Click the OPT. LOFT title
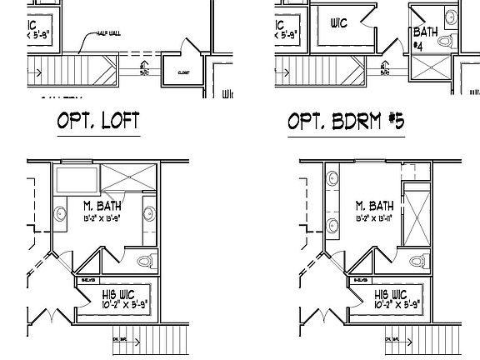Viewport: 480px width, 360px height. (97, 122)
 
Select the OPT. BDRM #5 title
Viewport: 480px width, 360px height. (345, 122)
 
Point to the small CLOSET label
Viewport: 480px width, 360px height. (183, 73)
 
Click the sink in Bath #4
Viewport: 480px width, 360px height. (450, 16)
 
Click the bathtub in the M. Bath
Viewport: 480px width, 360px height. (76, 179)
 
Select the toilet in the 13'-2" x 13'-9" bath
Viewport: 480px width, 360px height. (146, 262)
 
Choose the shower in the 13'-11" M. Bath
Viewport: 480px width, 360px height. (413, 214)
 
